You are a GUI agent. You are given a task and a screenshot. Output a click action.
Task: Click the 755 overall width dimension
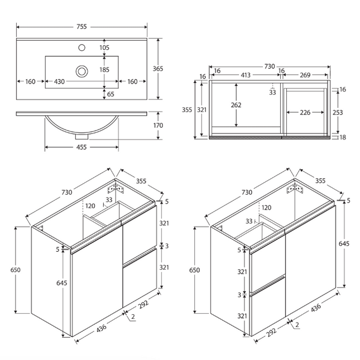pyautogui.click(x=81, y=26)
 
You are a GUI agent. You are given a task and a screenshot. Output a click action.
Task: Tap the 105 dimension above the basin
pyautogui.click(x=104, y=48)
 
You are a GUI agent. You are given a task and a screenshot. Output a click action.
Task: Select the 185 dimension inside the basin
pyautogui.click(x=104, y=70)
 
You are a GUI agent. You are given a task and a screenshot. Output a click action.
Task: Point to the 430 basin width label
pyautogui.click(x=59, y=82)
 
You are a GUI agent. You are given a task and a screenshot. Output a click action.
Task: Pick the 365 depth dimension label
pyautogui.click(x=158, y=69)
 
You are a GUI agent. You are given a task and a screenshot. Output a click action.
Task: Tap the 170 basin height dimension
pyautogui.click(x=158, y=126)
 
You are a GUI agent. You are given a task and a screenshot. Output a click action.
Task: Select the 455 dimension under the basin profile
pyautogui.click(x=81, y=148)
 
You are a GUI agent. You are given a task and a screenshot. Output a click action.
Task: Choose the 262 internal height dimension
pyautogui.click(x=237, y=105)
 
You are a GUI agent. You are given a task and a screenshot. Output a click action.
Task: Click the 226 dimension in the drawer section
pyautogui.click(x=305, y=112)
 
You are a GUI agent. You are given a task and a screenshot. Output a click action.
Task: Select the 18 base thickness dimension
pyautogui.click(x=342, y=137)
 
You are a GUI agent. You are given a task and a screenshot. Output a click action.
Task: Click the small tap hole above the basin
pyautogui.click(x=82, y=48)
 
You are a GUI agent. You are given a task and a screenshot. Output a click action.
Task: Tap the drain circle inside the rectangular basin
pyautogui.click(x=82, y=70)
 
